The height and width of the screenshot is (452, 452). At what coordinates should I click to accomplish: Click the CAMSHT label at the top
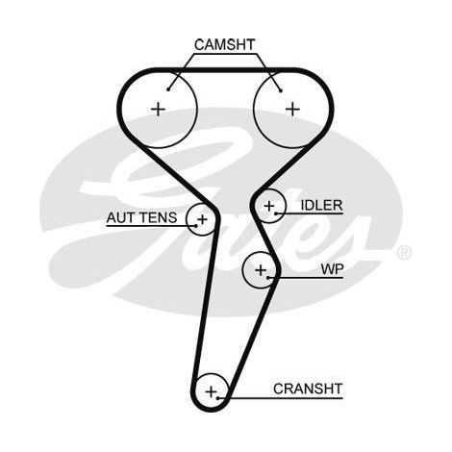224,45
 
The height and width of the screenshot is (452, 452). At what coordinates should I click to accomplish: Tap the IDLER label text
321,205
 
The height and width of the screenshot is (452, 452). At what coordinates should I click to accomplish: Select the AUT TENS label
141,218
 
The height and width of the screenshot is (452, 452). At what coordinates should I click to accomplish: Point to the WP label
332,269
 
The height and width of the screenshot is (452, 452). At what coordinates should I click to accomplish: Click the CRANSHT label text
308,389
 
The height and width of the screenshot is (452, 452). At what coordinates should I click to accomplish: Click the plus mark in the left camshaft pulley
158,110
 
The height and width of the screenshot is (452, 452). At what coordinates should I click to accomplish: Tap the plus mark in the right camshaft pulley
292,110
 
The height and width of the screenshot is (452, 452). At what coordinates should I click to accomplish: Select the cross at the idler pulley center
269,206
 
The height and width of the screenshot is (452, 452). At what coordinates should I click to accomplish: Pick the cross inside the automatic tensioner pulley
202,219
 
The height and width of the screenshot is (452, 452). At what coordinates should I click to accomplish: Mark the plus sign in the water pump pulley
261,270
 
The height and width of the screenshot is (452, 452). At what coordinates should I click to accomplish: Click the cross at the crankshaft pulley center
212,391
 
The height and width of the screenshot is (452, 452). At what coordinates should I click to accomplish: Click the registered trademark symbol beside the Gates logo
404,252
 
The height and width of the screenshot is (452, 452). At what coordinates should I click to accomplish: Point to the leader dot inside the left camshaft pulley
168,89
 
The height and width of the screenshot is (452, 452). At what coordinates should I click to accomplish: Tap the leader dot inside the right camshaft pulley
281,90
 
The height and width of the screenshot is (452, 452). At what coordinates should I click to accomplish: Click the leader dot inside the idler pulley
276,213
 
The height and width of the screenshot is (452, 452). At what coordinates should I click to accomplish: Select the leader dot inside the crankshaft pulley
218,398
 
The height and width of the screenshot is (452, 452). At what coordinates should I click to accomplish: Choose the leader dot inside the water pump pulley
268,277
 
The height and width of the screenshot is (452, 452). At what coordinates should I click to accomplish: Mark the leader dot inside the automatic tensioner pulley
196,226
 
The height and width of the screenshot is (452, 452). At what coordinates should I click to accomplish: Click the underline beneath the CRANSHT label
280,398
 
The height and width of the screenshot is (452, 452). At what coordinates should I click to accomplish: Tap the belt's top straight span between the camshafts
225,70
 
